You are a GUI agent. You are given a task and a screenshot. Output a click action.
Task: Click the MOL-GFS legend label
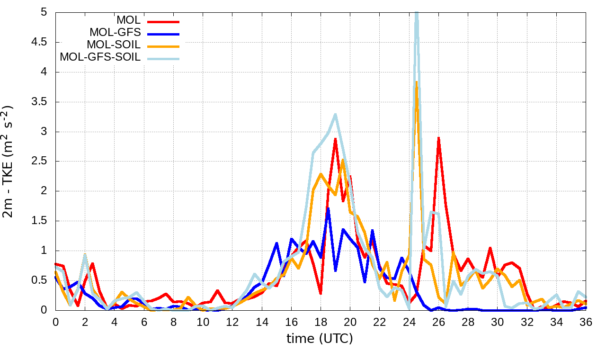[115, 33]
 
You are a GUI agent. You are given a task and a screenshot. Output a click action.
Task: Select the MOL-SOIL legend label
[114, 45]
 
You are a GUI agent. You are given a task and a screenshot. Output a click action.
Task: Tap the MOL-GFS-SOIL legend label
[100, 57]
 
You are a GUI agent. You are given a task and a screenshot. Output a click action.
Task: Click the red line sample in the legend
[164, 21]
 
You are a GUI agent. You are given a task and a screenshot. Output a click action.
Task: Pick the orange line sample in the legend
[164, 46]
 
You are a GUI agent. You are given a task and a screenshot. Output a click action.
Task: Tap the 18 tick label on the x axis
[321, 322]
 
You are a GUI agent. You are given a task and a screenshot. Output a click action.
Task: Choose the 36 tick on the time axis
[586, 322]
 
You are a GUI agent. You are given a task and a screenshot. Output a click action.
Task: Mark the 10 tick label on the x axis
[203, 322]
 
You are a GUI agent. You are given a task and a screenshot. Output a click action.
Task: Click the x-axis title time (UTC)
[320, 339]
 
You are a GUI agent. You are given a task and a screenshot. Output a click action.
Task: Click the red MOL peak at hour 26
[438, 138]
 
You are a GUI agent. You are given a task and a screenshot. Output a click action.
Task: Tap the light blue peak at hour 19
[335, 114]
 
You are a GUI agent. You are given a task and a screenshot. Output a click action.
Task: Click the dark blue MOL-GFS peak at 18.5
[328, 208]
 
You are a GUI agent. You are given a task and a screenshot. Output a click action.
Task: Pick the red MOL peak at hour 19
[335, 139]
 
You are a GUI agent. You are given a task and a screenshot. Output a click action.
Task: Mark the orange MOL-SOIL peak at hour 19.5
[343, 160]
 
